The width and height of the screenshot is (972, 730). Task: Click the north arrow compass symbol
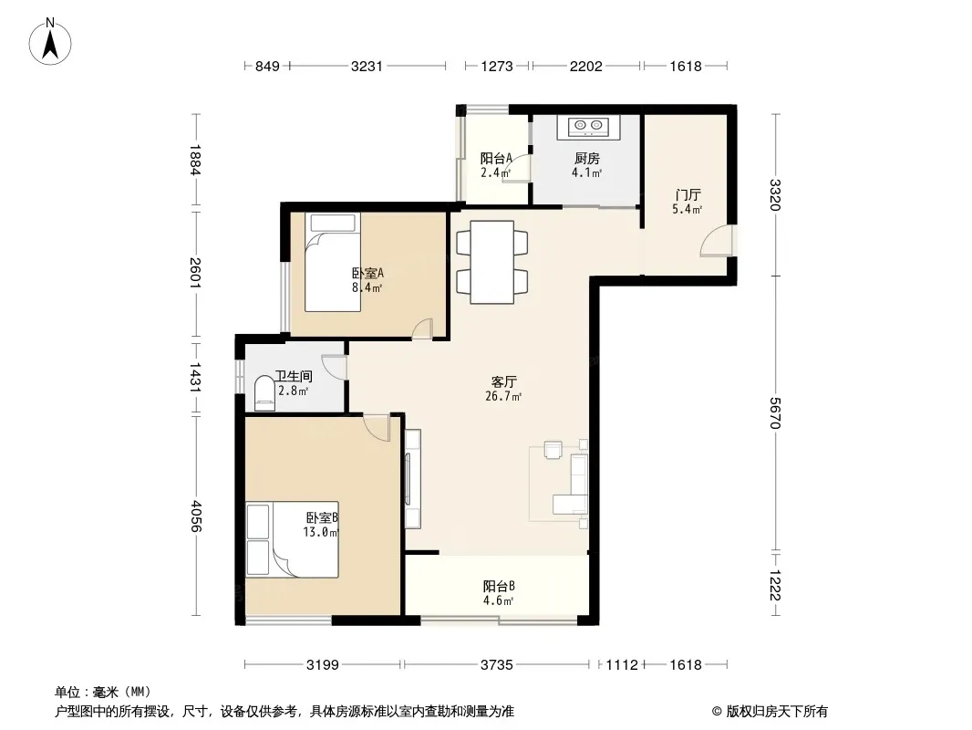[50, 41]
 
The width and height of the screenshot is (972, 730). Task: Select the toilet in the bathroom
[264, 392]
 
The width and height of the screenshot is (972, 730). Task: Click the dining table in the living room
[492, 262]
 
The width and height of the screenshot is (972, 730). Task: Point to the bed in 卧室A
[333, 263]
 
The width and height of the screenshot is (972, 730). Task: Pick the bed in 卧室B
[292, 539]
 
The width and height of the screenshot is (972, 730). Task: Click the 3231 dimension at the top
[367, 67]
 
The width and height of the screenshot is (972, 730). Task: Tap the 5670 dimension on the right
[775, 412]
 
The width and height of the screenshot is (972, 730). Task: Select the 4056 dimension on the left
[196, 516]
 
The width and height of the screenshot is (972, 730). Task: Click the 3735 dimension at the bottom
[497, 665]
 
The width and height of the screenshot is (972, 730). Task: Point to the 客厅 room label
[503, 382]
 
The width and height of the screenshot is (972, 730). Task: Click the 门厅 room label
[688, 195]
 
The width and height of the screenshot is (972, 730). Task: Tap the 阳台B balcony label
[499, 586]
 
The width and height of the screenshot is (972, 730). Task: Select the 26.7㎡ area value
[503, 396]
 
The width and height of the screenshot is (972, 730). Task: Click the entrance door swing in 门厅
[716, 241]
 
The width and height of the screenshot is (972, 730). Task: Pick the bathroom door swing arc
[334, 367]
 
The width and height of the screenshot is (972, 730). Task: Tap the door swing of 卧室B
[377, 428]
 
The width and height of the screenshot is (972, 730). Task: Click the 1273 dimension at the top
[497, 67]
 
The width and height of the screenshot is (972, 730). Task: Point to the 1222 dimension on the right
[775, 585]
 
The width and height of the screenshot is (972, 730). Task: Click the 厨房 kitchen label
[586, 159]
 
